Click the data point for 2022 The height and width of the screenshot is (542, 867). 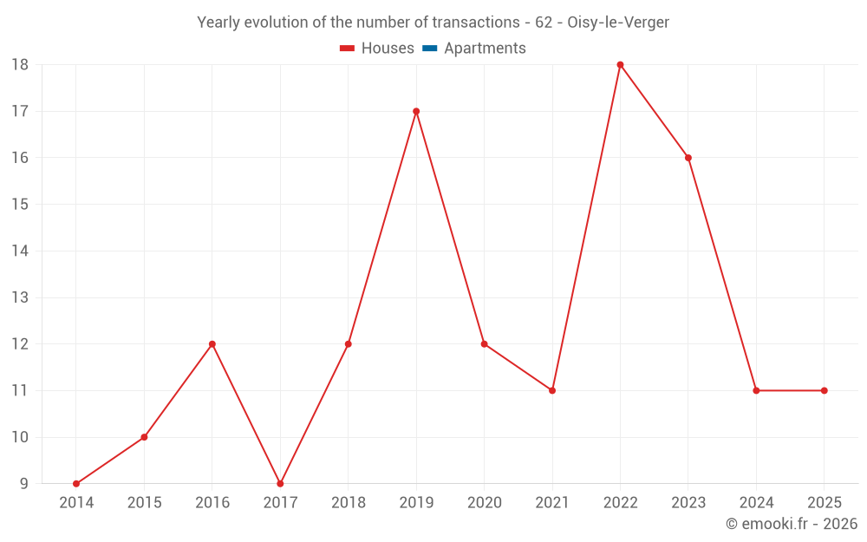620,65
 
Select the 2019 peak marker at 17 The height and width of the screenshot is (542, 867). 416,111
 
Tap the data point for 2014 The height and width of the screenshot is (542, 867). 76,484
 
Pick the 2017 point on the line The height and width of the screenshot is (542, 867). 280,484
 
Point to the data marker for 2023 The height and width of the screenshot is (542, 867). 688,158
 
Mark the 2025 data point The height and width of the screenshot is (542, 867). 825,390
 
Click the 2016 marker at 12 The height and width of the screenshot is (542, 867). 212,344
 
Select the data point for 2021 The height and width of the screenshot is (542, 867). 552,390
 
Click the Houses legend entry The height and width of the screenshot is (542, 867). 377,48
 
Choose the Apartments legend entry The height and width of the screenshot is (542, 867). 474,48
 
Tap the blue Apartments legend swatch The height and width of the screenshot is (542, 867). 430,48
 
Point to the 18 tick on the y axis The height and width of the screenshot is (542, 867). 20,65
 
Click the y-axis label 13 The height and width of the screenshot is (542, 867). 20,297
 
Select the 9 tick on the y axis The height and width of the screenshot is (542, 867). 23,484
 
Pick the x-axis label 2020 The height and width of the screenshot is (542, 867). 485,502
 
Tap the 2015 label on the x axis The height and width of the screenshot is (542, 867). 144,502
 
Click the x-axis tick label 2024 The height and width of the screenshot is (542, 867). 756,502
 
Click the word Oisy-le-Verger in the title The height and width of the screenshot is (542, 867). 618,23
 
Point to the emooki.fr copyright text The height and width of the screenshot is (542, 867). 792,523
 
